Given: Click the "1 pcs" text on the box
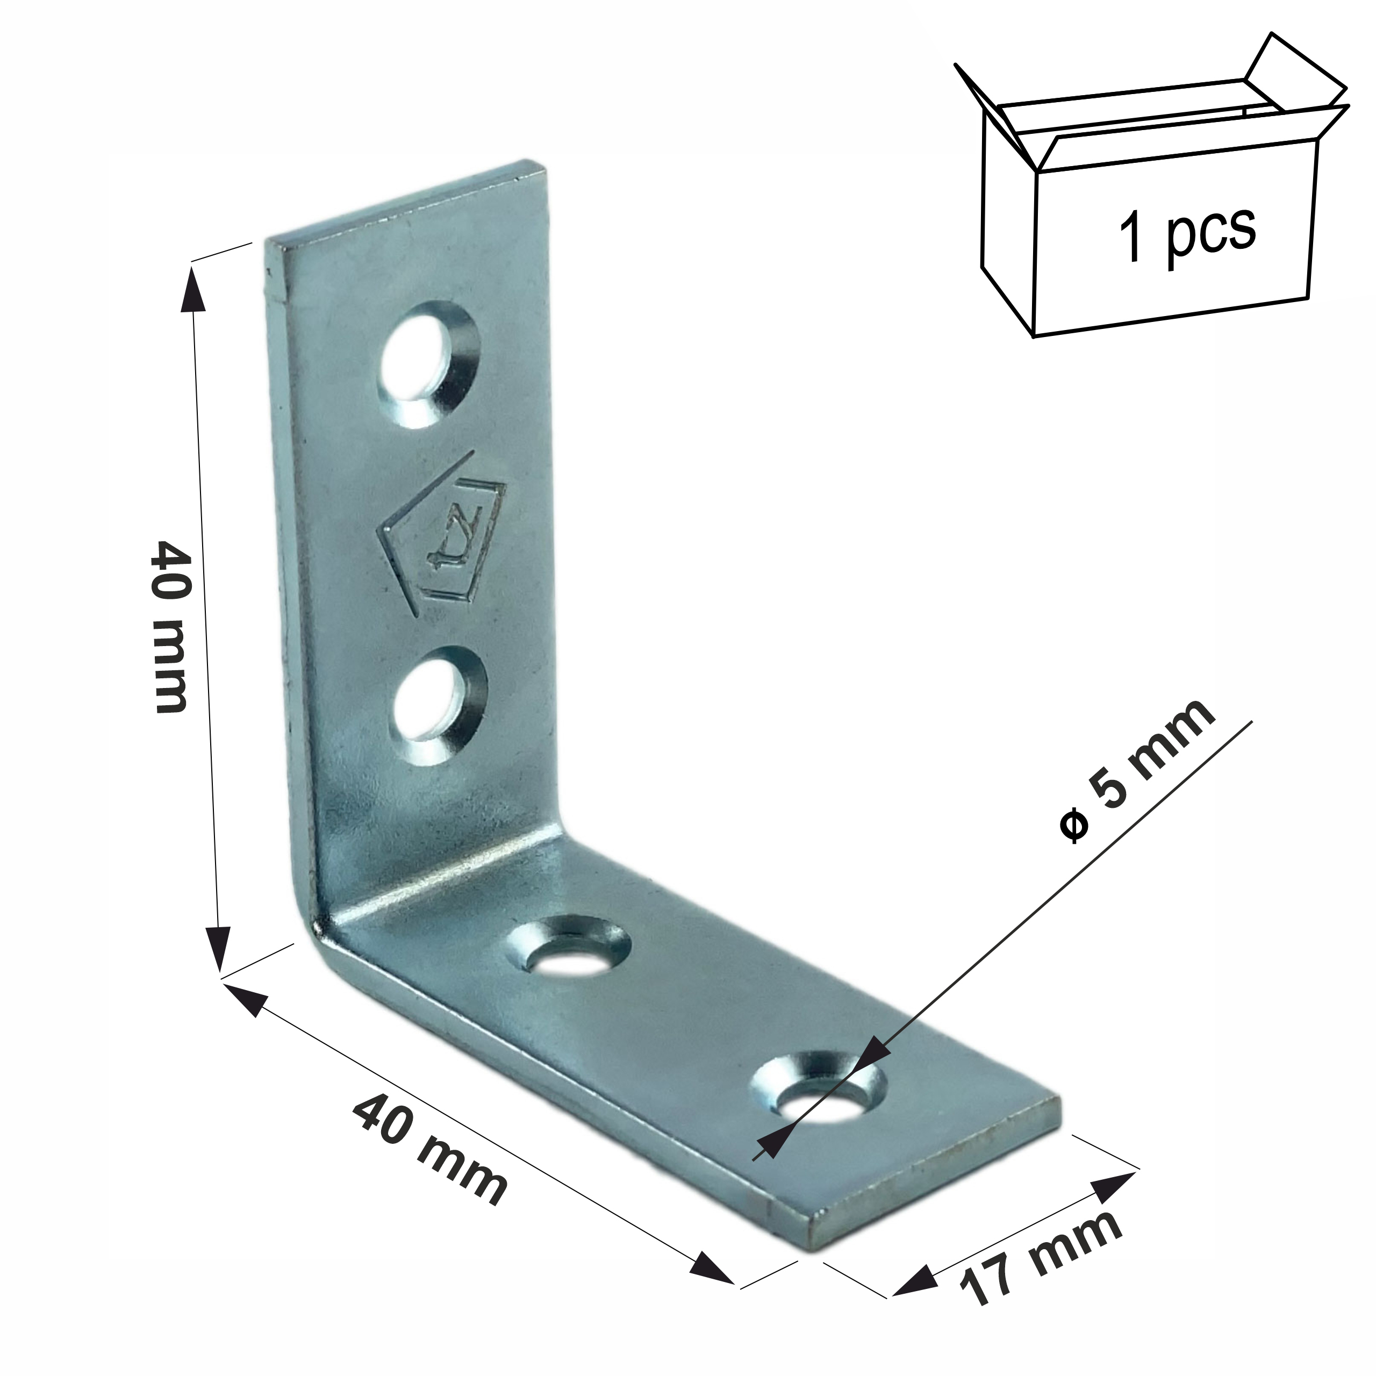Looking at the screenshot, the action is tap(1187, 232).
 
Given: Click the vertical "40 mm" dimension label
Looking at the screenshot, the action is tap(171, 626).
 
